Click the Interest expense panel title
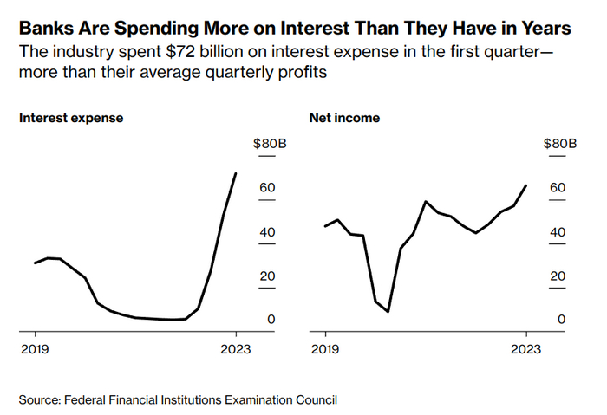71,118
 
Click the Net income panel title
344,118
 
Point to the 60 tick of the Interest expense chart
267,188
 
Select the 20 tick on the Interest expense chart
267,276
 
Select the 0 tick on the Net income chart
562,320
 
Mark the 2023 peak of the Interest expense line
236,173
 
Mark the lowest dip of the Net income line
388,311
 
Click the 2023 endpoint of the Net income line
526,185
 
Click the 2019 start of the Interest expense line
35,263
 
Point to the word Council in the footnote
314,399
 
